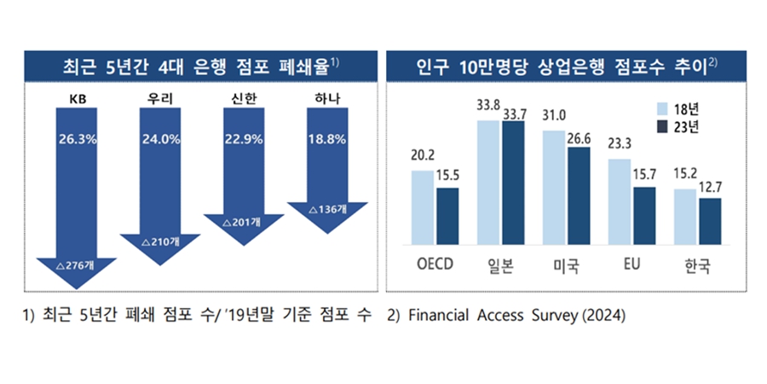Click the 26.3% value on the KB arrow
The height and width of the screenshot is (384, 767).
point(77,138)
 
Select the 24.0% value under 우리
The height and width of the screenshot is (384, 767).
point(160,138)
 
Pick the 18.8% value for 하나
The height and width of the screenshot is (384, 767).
point(327,138)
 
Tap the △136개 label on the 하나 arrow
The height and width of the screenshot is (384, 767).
point(327,209)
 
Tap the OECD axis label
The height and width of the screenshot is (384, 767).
point(435,264)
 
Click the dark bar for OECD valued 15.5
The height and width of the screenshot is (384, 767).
point(447,215)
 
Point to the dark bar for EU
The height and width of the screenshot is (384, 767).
point(644,214)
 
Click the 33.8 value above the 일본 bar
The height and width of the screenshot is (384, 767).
point(488,107)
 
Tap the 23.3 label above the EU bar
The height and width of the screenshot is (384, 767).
point(620,144)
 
